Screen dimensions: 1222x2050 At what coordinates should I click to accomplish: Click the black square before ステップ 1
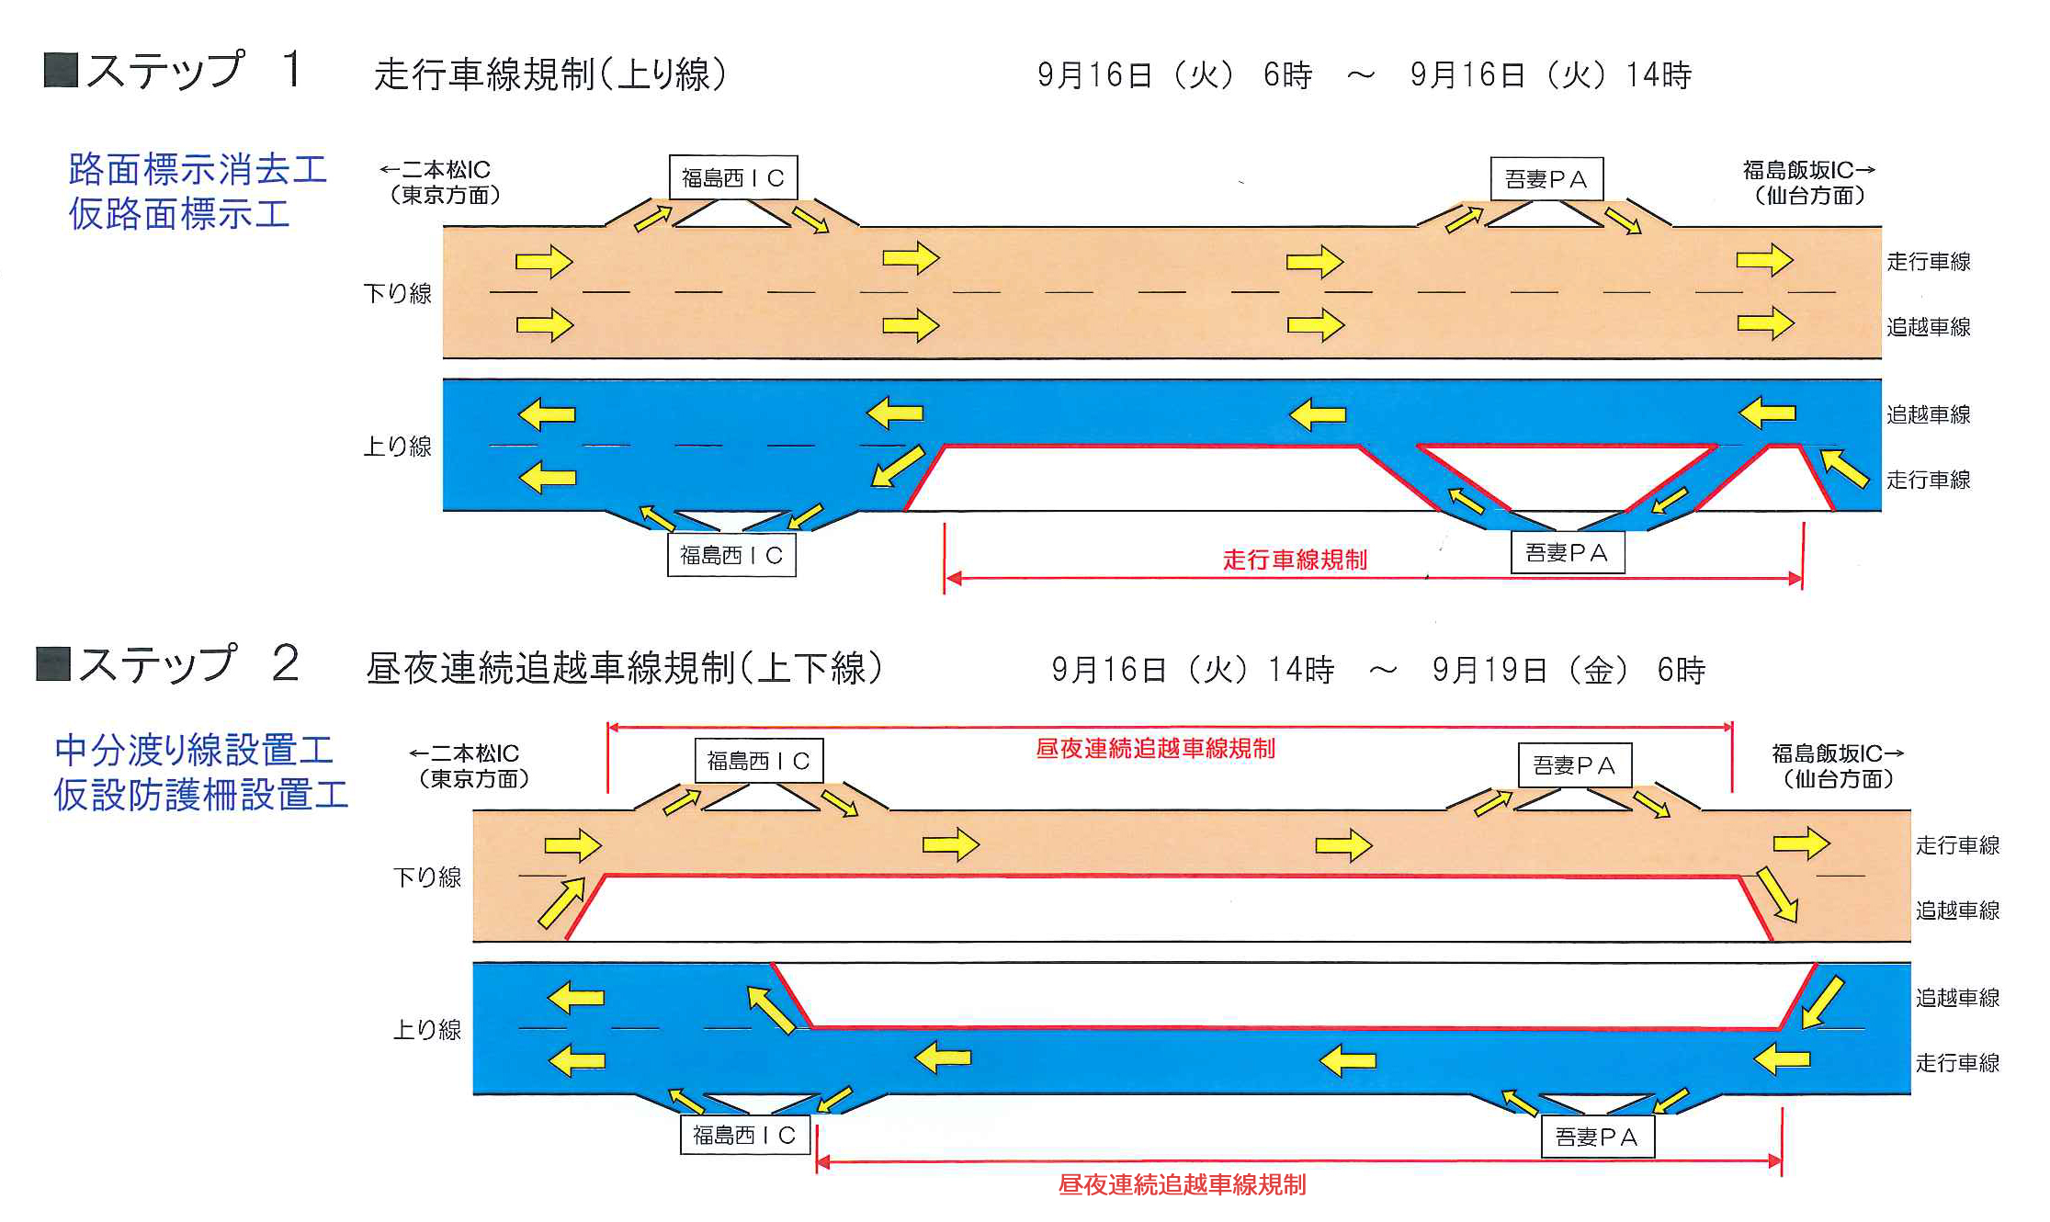(x=61, y=70)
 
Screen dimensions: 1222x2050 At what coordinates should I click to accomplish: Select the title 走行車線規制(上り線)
(x=550, y=74)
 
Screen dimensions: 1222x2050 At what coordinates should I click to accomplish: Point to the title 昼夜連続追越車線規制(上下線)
(x=625, y=668)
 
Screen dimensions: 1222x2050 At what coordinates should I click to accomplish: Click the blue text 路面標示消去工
(x=198, y=169)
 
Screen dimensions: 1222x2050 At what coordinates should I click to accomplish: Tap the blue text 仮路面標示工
(x=179, y=214)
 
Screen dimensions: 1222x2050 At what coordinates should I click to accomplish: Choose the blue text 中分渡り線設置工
(x=194, y=750)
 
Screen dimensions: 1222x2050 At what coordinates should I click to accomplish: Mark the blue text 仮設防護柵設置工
(x=201, y=795)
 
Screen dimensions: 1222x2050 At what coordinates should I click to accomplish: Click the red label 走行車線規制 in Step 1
(x=1295, y=560)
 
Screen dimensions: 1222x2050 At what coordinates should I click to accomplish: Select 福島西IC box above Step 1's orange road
(x=732, y=177)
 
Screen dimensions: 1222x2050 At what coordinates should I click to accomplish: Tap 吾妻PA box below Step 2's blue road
(x=1597, y=1137)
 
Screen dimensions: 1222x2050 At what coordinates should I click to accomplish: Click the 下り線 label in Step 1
(x=397, y=293)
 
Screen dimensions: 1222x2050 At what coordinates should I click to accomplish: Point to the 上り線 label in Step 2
(x=427, y=1029)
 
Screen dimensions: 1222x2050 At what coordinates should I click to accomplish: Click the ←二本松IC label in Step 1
(x=438, y=170)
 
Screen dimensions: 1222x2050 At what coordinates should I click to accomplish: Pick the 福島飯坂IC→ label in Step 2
(x=1837, y=754)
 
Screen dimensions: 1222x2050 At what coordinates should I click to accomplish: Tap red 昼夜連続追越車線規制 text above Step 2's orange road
(x=1155, y=749)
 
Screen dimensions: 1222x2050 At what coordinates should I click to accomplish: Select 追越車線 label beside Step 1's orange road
(x=1928, y=327)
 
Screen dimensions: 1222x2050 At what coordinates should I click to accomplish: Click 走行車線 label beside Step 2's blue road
(x=1957, y=1063)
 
